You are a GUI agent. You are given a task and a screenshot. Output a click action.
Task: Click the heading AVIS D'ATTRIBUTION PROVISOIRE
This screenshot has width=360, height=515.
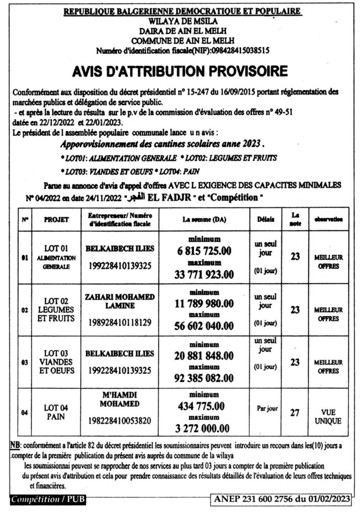pos(180,71)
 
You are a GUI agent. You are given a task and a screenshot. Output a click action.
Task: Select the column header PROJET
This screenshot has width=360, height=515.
pos(56,220)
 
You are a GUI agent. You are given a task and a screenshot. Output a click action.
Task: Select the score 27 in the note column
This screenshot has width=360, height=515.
pos(295,413)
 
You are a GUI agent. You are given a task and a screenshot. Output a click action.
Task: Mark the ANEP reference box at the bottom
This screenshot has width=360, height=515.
pos(281,499)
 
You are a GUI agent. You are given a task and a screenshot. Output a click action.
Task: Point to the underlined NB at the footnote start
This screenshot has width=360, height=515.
pos(15,445)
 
